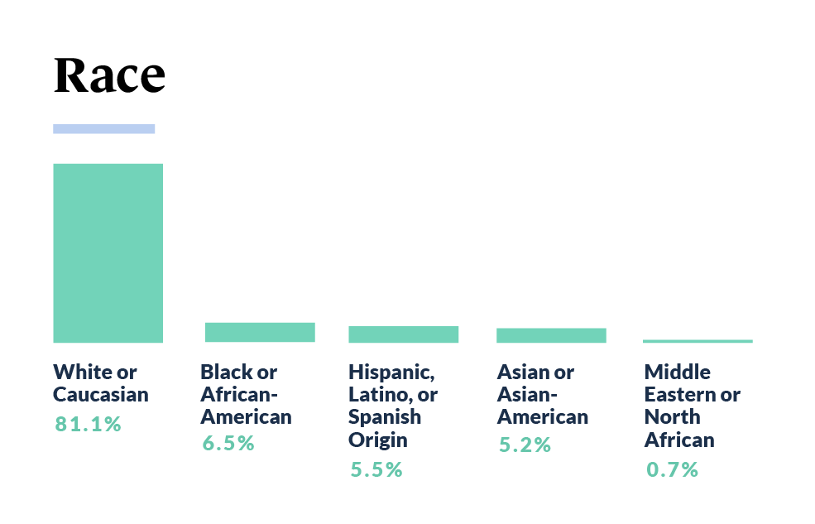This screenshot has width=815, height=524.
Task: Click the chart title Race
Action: click(x=109, y=76)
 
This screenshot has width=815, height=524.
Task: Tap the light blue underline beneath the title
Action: click(x=103, y=128)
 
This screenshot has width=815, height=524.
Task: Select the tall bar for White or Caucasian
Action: click(x=108, y=252)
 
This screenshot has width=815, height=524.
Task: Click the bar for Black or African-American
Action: click(x=260, y=332)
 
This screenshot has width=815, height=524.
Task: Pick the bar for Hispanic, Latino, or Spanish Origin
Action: click(x=403, y=334)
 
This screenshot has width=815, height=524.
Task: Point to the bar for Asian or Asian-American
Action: click(x=551, y=335)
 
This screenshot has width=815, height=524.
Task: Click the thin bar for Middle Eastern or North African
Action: click(x=698, y=341)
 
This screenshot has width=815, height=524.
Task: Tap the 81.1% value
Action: click(x=89, y=425)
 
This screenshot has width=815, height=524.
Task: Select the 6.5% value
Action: click(x=228, y=443)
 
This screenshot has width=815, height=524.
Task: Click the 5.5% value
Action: click(x=376, y=469)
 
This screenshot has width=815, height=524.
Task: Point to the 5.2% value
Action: click(x=525, y=445)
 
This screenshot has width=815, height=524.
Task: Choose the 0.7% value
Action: click(x=672, y=469)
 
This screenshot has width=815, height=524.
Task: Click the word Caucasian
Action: click(x=101, y=394)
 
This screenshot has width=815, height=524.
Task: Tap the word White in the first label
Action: click(x=84, y=372)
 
